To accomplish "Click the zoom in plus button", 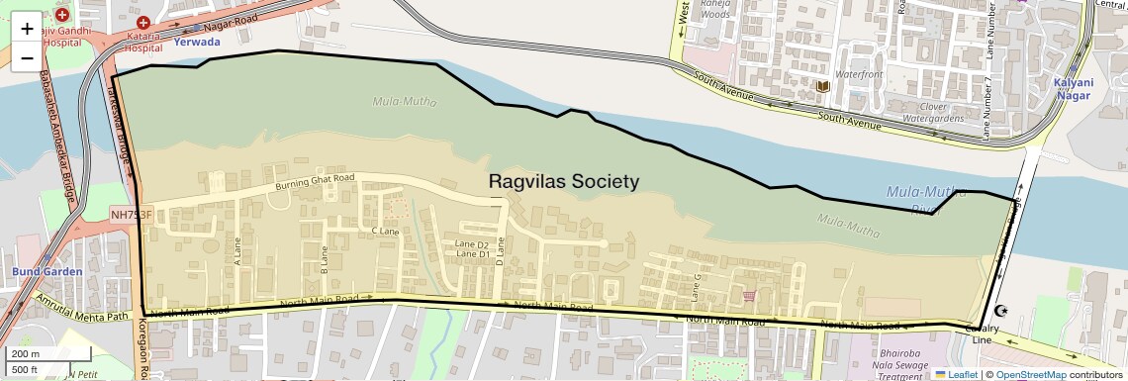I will (x=27, y=29).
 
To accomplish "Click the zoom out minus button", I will (x=27, y=57).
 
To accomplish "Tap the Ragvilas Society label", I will (x=564, y=182).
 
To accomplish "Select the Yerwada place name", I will (x=197, y=43).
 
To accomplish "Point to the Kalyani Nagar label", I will (x=1072, y=89).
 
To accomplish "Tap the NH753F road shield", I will (x=132, y=215).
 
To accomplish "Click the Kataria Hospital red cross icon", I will (x=143, y=22).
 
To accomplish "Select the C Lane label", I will (x=384, y=231).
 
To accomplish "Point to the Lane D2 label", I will (x=472, y=244).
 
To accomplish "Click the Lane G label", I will (x=696, y=288).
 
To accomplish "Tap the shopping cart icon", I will (x=749, y=295).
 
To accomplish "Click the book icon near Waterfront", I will (x=822, y=86).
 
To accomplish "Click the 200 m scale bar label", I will (x=27, y=354).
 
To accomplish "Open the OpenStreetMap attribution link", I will (x=1030, y=374).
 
